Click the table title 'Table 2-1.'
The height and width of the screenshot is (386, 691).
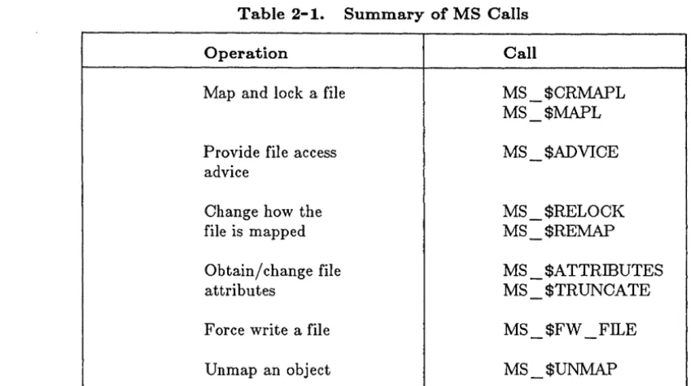click(281, 14)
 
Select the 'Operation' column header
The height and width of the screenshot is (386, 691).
click(246, 54)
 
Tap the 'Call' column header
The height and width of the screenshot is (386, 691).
click(520, 53)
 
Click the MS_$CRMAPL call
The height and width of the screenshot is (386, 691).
click(564, 94)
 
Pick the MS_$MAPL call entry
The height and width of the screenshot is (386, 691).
click(552, 113)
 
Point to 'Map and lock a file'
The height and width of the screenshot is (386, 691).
click(274, 93)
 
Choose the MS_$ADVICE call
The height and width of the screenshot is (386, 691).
click(561, 152)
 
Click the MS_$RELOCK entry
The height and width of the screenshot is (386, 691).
click(564, 212)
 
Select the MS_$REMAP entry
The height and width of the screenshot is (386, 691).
click(559, 231)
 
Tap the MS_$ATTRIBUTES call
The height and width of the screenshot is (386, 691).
click(583, 271)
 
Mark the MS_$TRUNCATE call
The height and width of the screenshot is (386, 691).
click(576, 291)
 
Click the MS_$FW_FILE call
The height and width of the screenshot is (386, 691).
click(570, 330)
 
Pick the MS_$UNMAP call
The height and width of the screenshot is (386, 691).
click(560, 370)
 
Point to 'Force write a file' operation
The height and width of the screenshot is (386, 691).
click(267, 330)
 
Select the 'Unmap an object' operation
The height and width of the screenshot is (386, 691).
click(268, 370)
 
